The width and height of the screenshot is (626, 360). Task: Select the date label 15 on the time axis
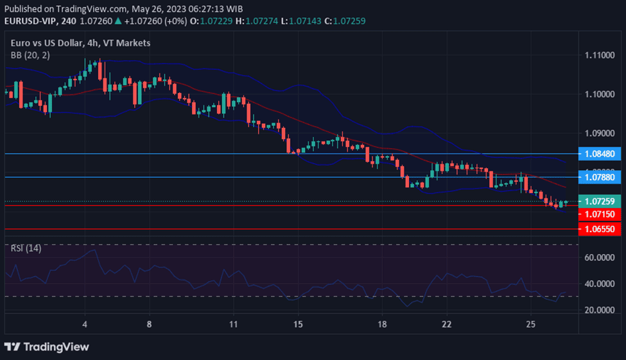click(297, 324)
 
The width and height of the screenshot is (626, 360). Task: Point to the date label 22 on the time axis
click(447, 324)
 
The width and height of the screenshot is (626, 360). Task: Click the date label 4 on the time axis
click(85, 324)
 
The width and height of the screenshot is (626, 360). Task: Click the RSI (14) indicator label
click(26, 248)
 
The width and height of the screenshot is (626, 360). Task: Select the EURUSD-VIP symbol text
click(30, 21)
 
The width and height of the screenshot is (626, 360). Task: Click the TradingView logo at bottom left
click(46, 347)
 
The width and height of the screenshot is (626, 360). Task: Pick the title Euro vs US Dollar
click(48, 43)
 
